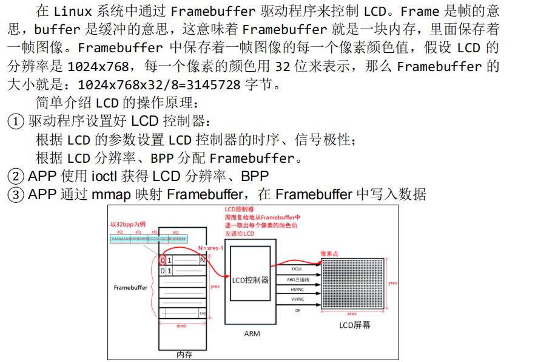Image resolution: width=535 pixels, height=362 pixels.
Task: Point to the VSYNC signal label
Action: coord(297,299)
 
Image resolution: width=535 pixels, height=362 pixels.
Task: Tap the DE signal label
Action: coord(297,310)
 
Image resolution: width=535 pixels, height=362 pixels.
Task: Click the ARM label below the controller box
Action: coord(252,333)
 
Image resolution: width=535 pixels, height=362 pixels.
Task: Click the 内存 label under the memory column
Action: coord(184,354)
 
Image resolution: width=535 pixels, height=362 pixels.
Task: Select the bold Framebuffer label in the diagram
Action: coord(130,287)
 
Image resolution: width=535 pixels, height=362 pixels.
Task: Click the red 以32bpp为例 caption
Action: coord(128,225)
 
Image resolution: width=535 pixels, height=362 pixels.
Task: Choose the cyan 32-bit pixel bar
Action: coord(149,239)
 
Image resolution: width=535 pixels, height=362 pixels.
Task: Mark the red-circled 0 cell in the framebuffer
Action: coord(163,260)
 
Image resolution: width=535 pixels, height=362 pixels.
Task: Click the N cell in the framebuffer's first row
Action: coord(202,260)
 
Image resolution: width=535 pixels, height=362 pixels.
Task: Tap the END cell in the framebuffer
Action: coord(202,313)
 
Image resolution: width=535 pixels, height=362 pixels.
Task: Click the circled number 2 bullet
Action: coord(15,177)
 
